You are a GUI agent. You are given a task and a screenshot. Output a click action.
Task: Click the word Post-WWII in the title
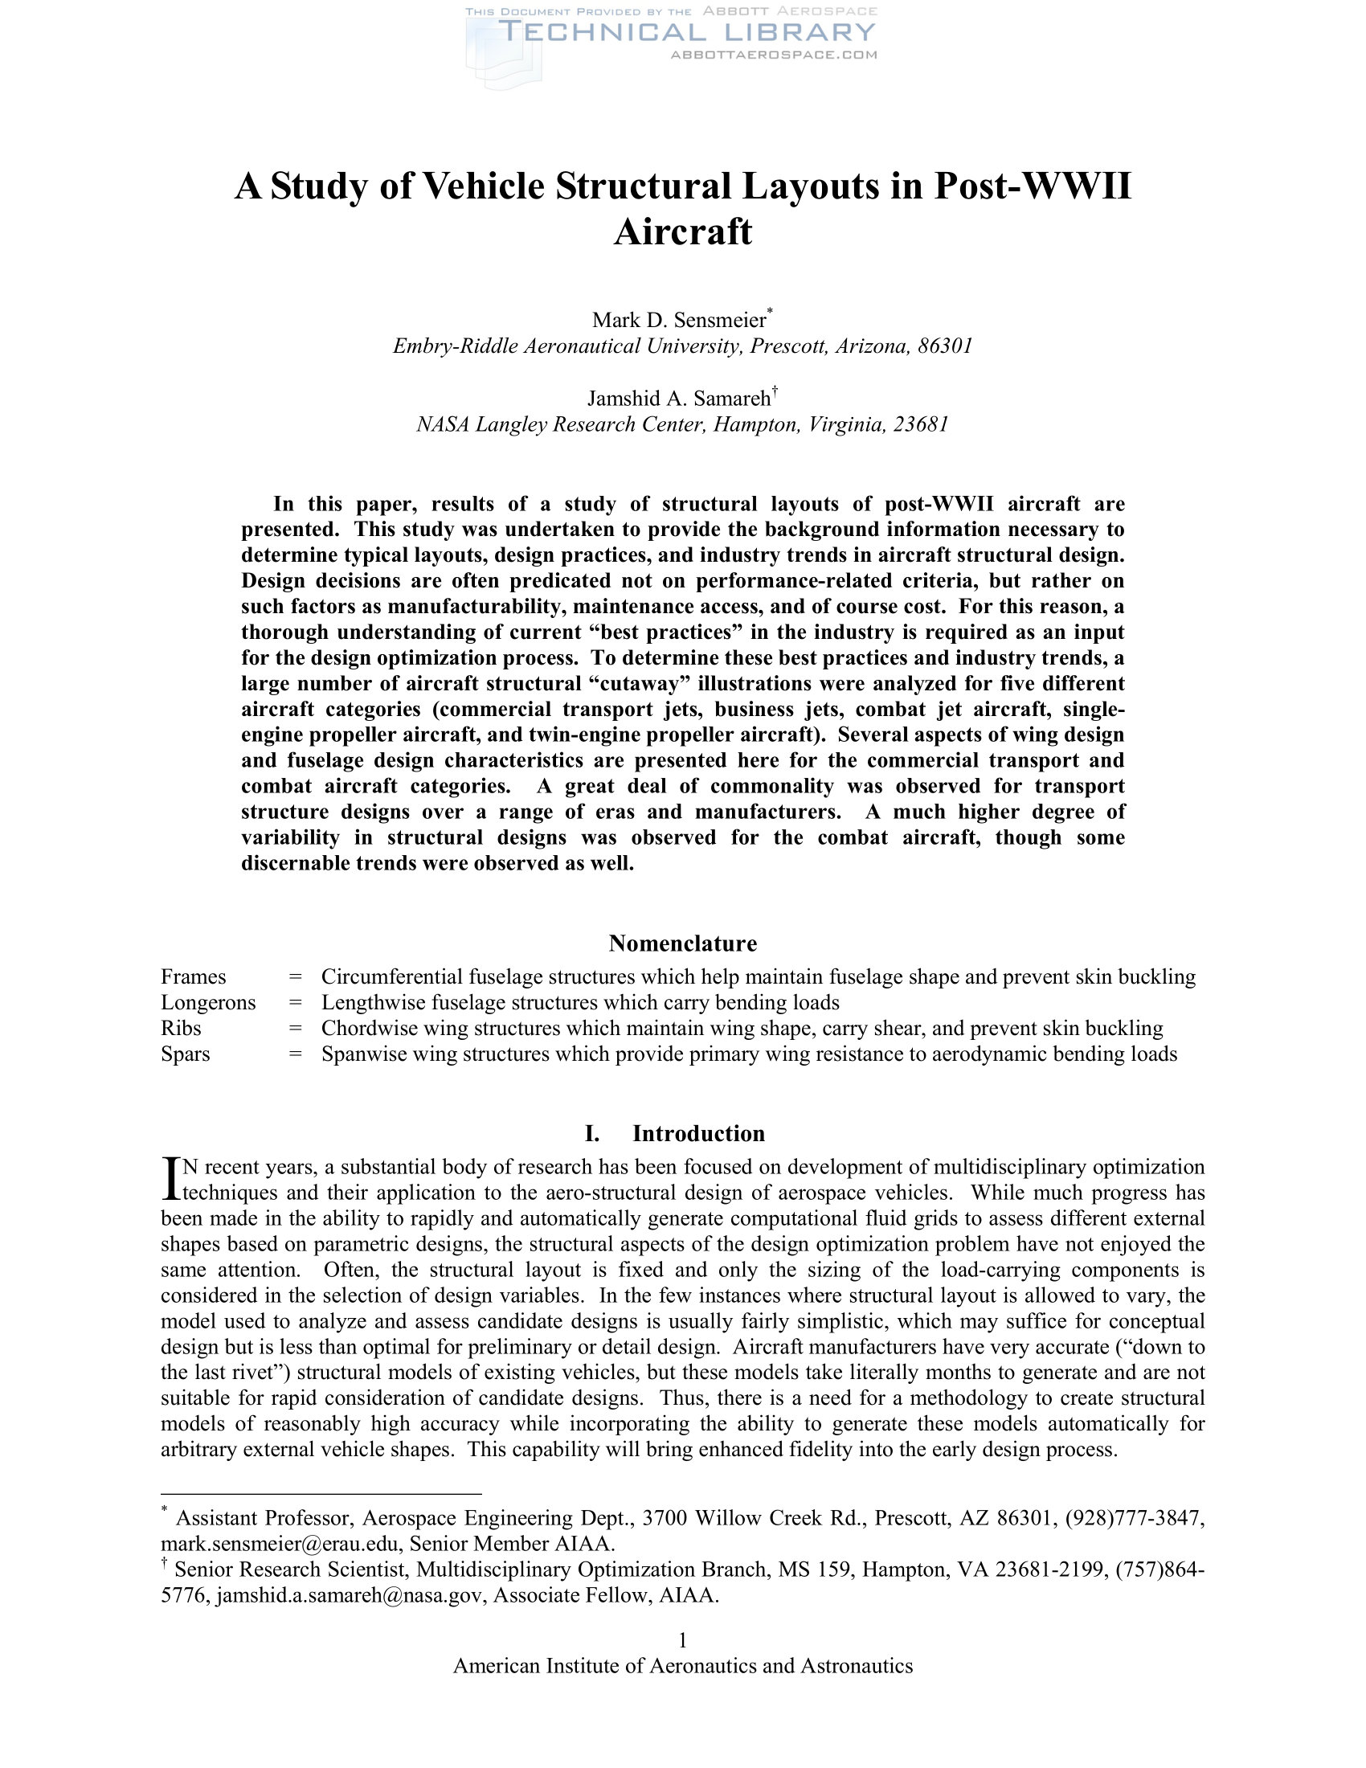pos(1033,186)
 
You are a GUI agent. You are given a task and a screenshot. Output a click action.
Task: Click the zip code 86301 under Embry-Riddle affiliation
pos(945,346)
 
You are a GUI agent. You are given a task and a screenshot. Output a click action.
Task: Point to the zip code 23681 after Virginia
pos(920,424)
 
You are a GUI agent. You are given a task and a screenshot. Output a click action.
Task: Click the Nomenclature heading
pos(682,943)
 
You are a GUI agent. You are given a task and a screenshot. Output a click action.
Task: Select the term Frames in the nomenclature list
pos(194,977)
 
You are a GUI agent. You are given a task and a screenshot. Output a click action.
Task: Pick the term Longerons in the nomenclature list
pos(208,1003)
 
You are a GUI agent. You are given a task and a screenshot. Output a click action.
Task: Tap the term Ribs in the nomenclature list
pos(182,1029)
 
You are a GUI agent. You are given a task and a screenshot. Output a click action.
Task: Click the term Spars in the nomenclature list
pos(186,1054)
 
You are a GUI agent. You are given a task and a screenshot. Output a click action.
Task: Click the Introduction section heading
pos(697,1133)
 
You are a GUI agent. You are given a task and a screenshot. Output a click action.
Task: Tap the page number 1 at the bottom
pos(682,1640)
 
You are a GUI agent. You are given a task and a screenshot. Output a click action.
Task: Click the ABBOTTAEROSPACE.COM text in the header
pos(774,55)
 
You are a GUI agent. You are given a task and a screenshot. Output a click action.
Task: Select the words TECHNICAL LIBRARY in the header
pos(687,32)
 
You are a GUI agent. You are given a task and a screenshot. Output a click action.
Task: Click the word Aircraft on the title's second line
pos(682,232)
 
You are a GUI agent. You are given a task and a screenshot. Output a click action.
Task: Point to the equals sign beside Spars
pos(296,1054)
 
